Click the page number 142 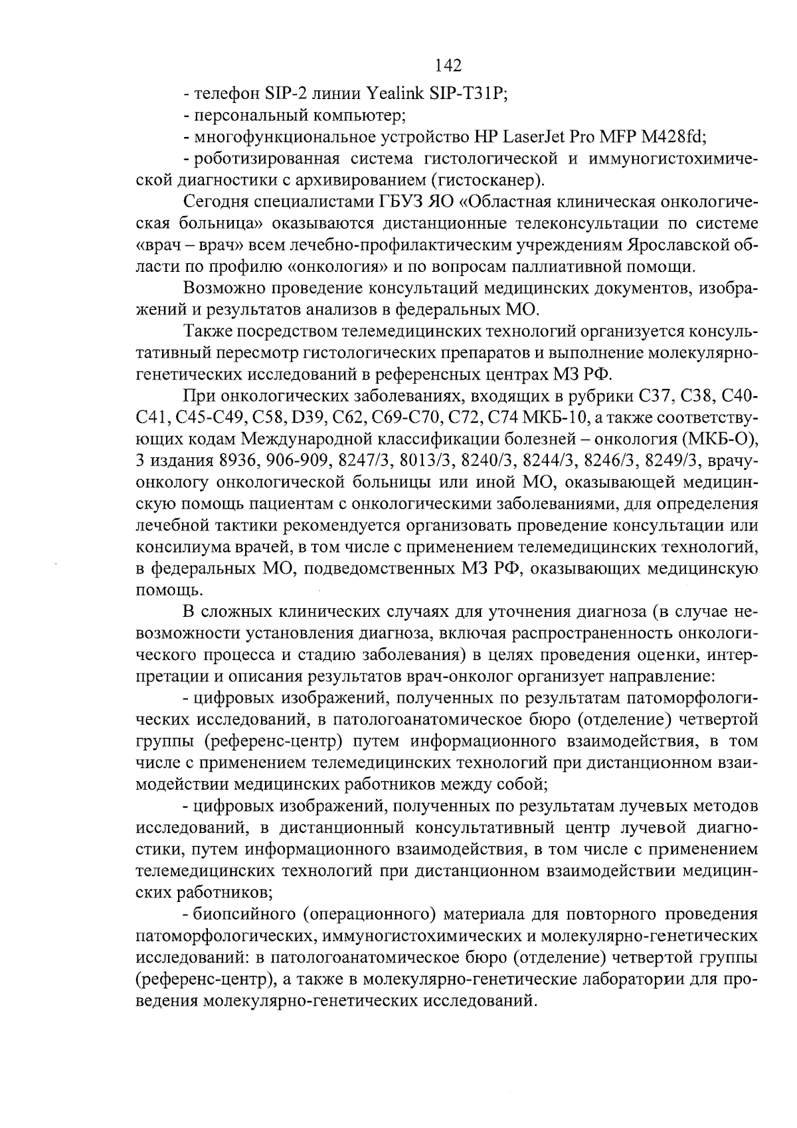coord(448,65)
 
